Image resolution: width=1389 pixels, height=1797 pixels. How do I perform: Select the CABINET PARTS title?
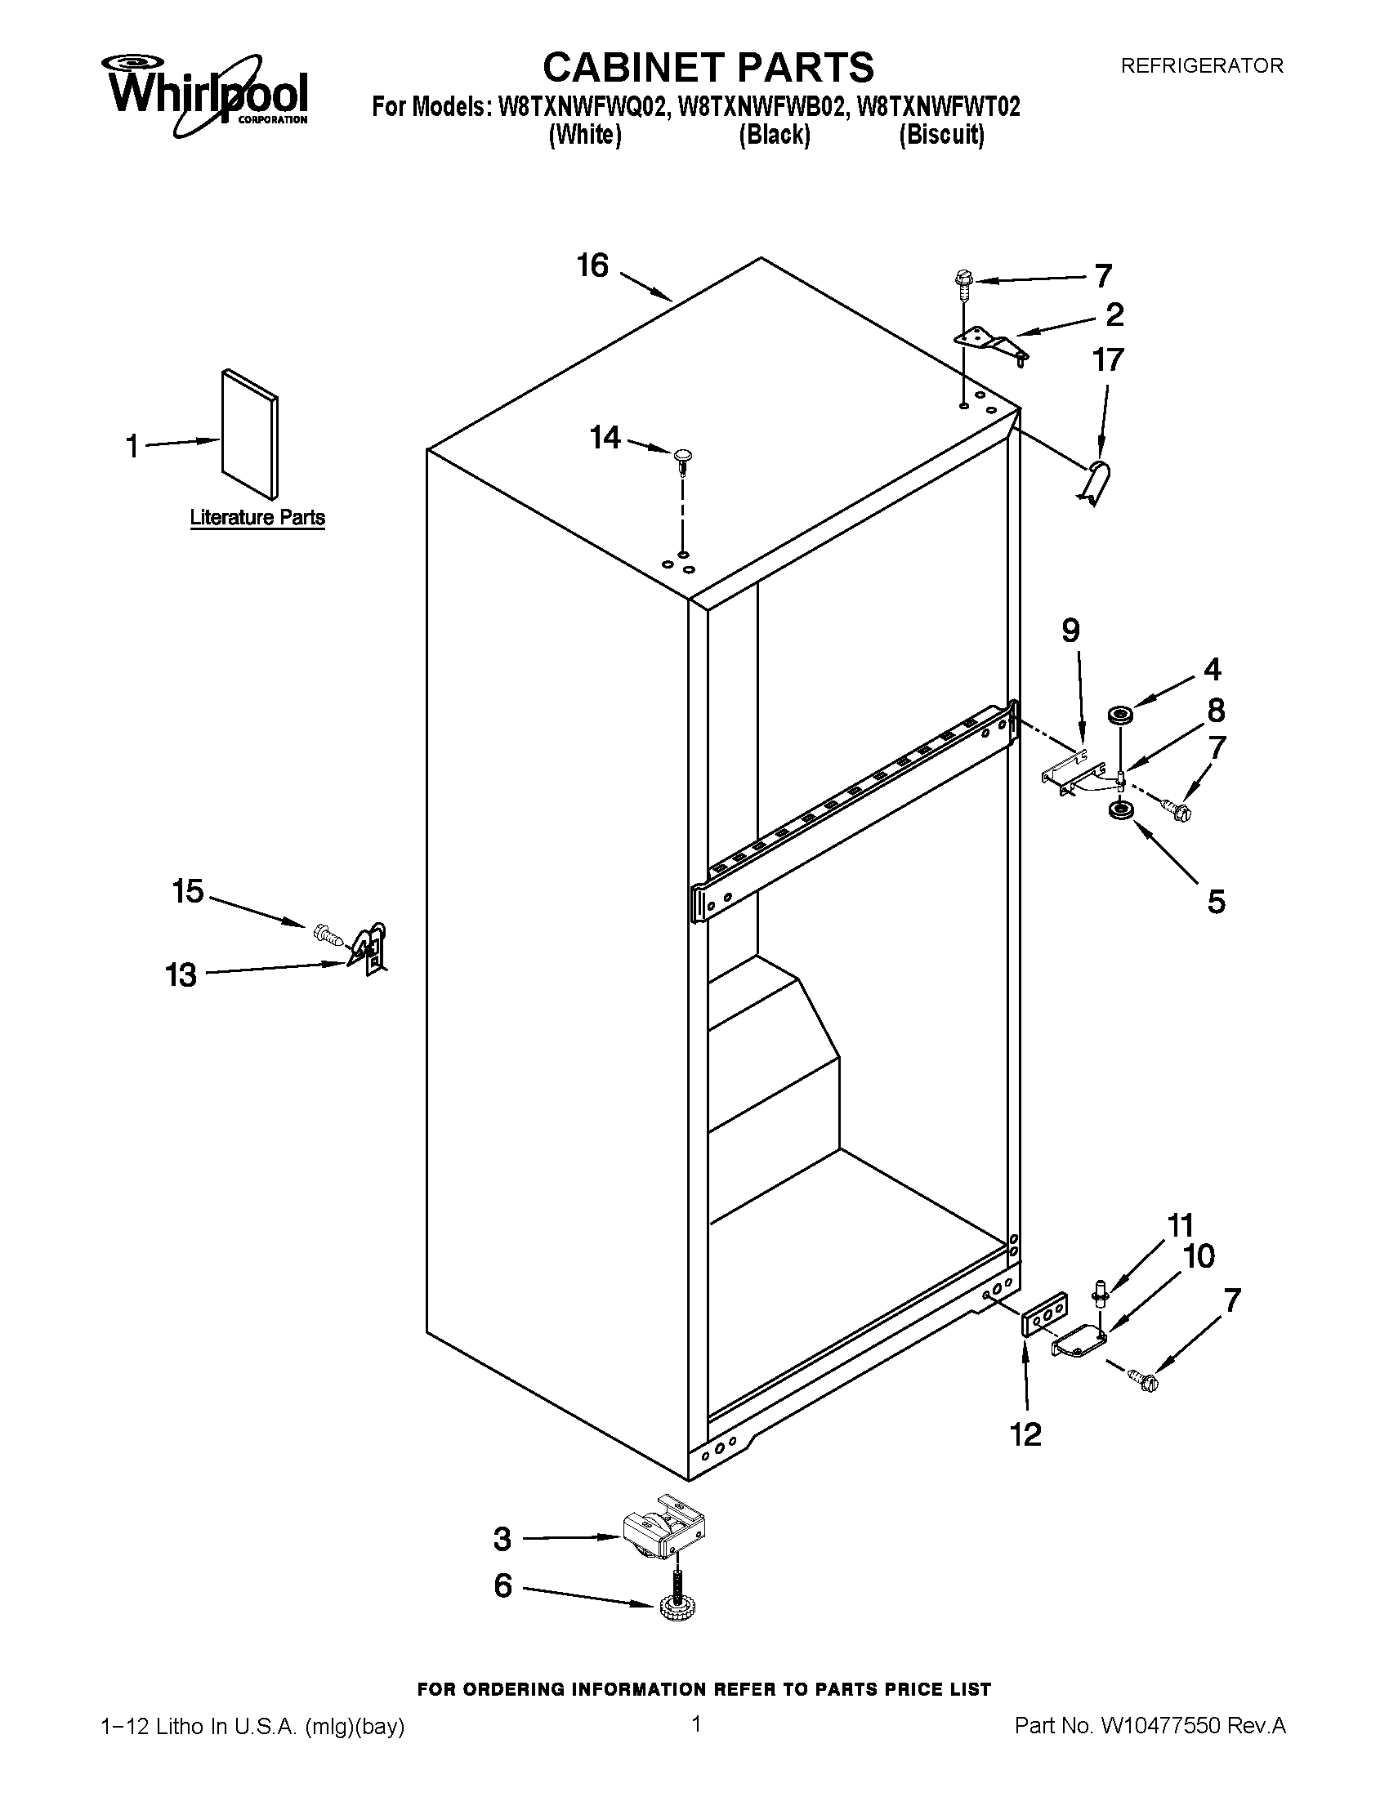(x=708, y=68)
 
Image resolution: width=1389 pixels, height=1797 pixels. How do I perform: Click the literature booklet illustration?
(x=249, y=434)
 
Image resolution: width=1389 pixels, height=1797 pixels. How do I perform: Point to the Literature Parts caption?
(x=257, y=518)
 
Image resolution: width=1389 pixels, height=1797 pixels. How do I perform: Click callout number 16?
(x=592, y=265)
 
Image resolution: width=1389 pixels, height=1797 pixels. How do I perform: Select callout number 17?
(x=1108, y=359)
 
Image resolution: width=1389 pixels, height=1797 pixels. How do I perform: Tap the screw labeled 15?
(x=327, y=934)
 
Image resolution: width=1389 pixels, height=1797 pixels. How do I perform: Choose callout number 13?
(x=182, y=975)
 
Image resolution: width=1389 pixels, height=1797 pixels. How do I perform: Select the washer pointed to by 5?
(x=1119, y=811)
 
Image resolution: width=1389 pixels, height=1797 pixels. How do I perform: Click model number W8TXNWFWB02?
(x=761, y=108)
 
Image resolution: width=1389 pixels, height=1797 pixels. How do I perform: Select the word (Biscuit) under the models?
(x=941, y=135)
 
